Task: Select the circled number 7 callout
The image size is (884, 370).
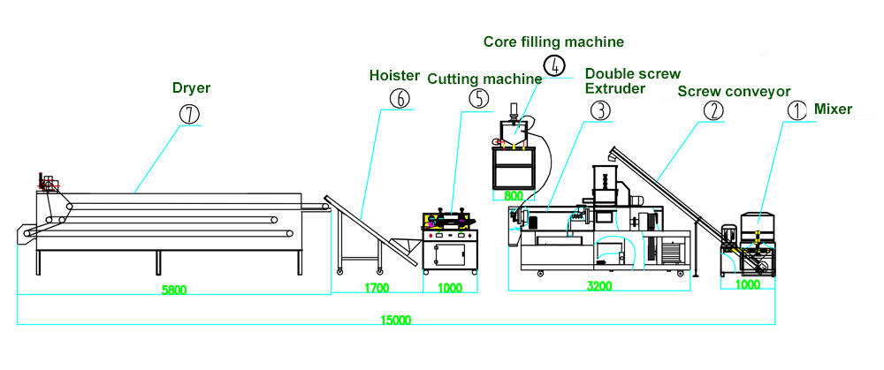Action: point(189,114)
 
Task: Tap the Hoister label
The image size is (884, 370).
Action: point(393,76)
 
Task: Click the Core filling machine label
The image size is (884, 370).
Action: point(553,42)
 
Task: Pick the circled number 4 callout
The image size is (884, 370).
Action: point(553,66)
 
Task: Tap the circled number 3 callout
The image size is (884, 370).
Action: point(599,110)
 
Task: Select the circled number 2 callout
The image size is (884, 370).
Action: point(713,110)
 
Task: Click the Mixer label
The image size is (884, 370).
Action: point(834,109)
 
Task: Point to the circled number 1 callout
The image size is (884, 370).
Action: point(796,110)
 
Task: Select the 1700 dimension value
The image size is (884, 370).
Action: point(377,288)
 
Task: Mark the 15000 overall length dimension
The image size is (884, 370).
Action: point(395,321)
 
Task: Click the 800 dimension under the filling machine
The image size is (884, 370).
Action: point(513,196)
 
